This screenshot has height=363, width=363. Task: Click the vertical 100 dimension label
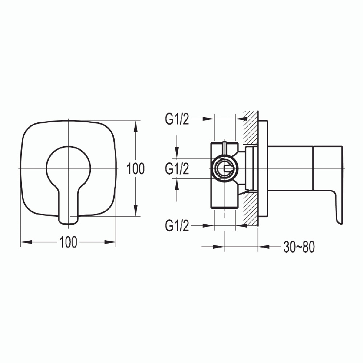click(x=136, y=169)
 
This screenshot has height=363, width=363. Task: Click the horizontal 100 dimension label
click(x=68, y=242)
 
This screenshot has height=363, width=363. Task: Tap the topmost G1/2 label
click(x=177, y=119)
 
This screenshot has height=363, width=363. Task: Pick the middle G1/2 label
click(x=177, y=169)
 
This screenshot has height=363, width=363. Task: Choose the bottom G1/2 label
click(x=177, y=226)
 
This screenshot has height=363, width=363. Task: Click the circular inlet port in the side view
click(x=224, y=168)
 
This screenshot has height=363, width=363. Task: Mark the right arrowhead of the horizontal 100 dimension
click(x=110, y=242)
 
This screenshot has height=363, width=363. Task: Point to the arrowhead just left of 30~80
click(x=264, y=247)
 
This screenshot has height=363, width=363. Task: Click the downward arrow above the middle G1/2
click(x=177, y=152)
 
